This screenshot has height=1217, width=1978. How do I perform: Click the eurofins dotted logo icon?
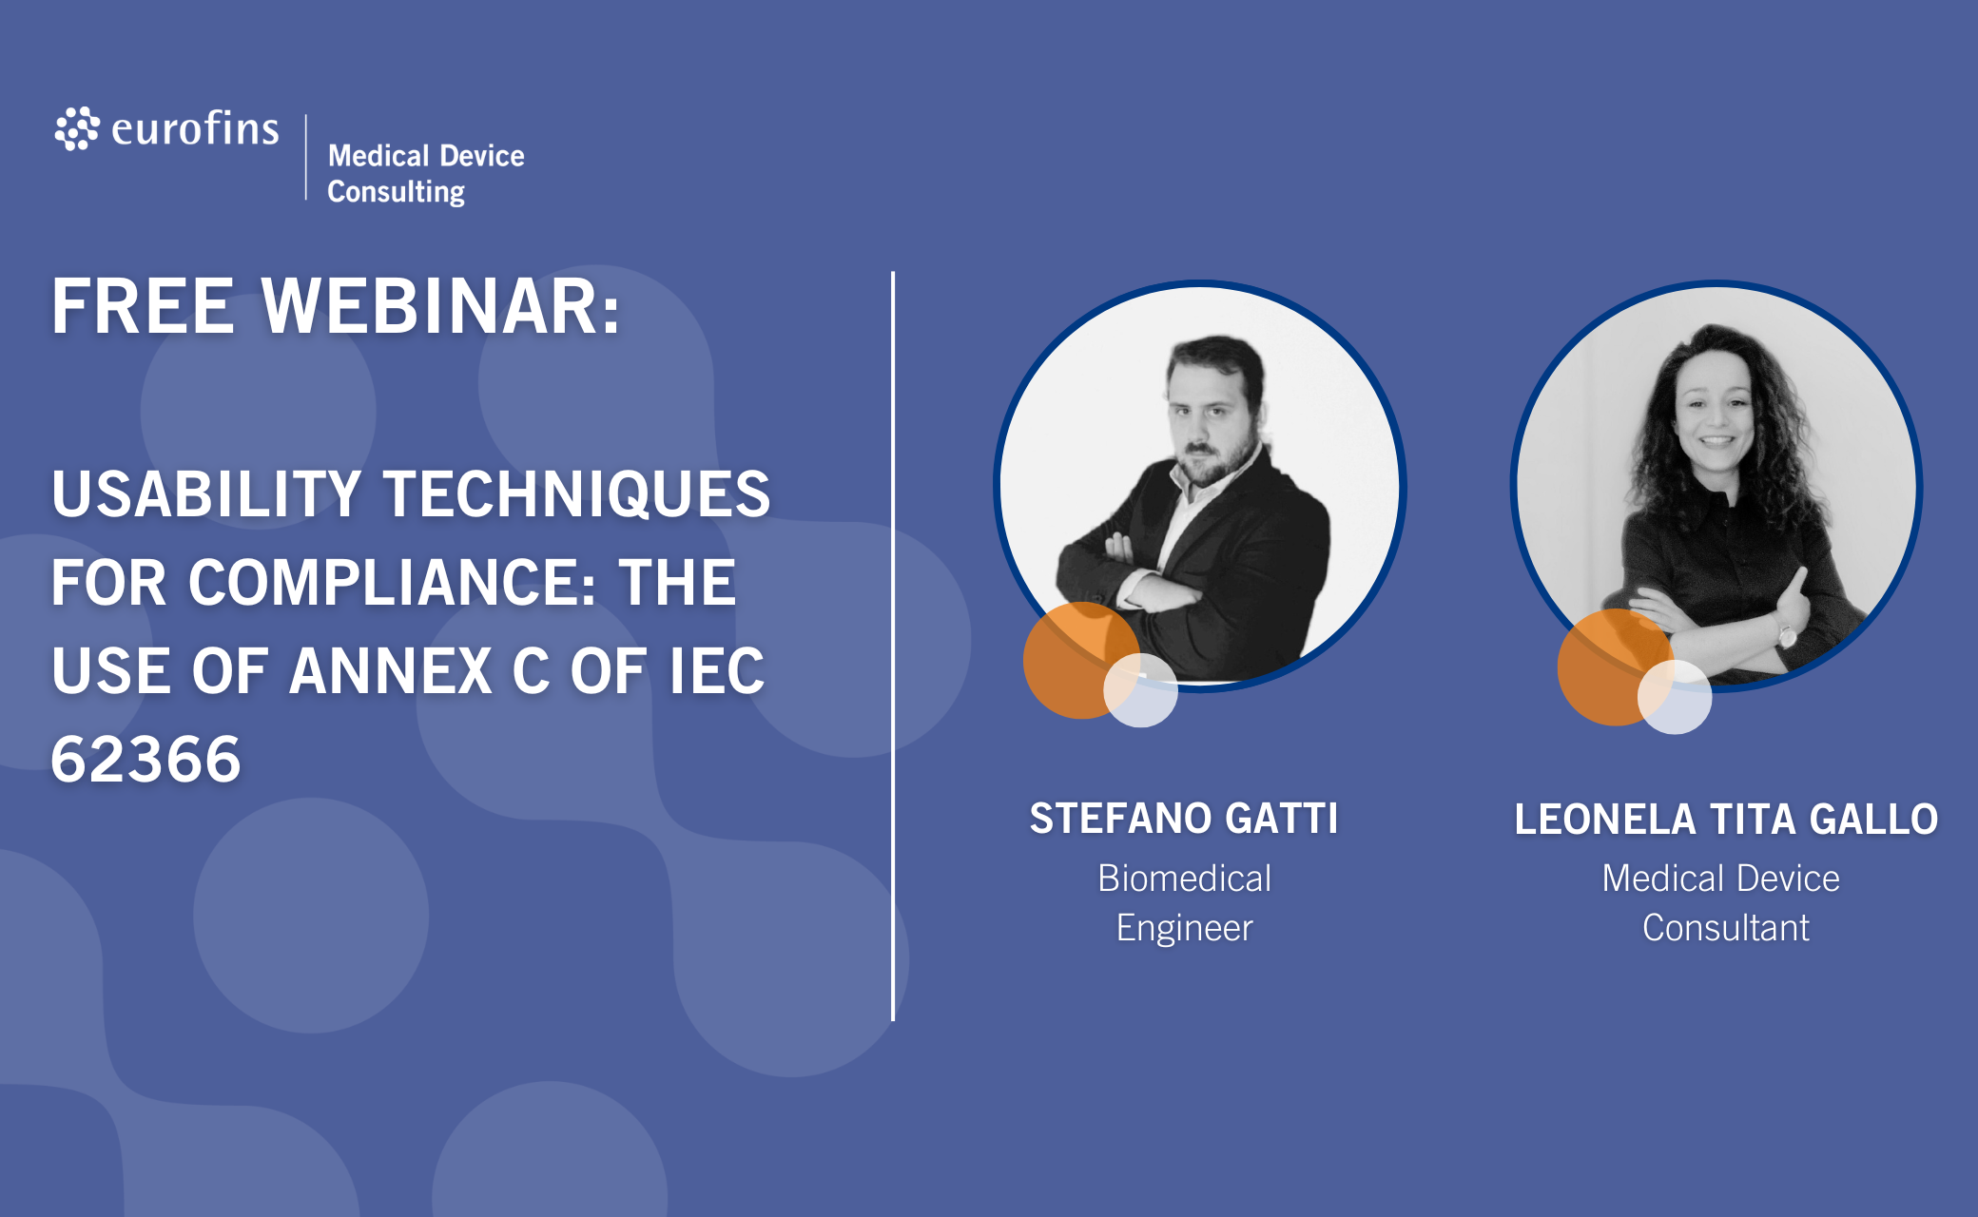point(77,128)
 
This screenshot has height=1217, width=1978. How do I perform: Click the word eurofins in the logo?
point(195,128)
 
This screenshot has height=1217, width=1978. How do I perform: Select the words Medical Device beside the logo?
point(426,155)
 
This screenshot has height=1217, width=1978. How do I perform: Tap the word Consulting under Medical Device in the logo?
point(397,192)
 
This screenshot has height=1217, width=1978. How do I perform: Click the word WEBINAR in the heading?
point(441,307)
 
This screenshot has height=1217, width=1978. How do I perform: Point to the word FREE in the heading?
point(143,307)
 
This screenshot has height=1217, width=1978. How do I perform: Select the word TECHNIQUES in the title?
point(577,494)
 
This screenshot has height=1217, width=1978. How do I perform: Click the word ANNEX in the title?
point(391,670)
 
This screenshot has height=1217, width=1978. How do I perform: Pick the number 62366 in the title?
point(146,759)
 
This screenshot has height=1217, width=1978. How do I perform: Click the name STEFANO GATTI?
point(1184,819)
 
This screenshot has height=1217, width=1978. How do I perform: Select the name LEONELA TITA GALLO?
point(1726,820)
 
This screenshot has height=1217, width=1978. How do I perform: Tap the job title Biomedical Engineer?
point(1185,903)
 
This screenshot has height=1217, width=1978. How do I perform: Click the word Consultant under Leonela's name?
point(1726,928)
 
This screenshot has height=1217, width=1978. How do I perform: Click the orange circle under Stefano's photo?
point(1078,660)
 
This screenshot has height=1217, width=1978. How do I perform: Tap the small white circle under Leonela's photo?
point(1675,697)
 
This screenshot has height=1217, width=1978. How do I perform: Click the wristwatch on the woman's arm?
point(1786,631)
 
